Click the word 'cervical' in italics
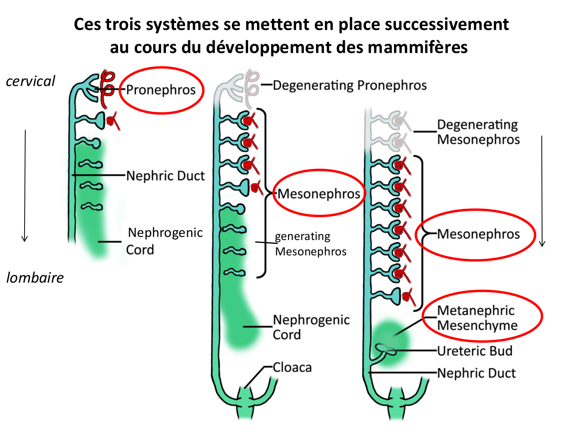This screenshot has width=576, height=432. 31,81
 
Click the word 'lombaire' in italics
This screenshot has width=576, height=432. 35,278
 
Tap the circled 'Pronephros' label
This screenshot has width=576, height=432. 161,90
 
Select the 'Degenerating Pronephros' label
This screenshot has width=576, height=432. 349,85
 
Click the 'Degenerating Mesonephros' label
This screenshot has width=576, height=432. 478,132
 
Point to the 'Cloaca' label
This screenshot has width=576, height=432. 292,367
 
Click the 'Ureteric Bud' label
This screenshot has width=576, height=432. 475,351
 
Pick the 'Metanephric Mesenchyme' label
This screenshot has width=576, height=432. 477,318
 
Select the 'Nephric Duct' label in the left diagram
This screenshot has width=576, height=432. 166,176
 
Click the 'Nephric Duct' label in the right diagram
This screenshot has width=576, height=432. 476,373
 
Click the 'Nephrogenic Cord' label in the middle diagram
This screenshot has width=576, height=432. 311,327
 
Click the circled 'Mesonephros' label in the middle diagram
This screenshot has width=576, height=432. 319,194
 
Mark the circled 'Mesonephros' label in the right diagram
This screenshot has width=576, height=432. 478,234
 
